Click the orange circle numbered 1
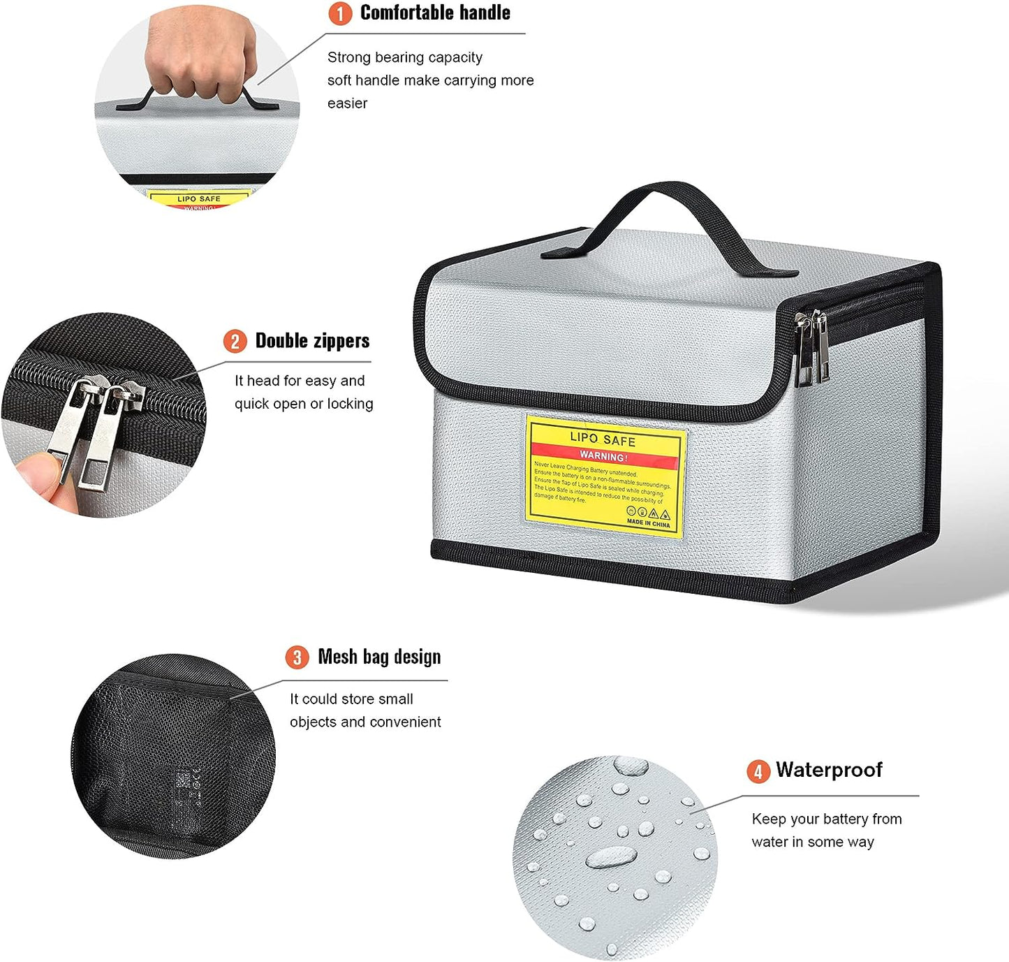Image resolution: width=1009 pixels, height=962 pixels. coord(340,13)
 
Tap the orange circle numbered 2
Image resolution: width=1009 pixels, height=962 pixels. coord(235,341)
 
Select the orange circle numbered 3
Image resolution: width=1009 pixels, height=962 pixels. coord(297,657)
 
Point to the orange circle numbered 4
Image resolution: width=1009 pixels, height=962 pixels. coord(758,771)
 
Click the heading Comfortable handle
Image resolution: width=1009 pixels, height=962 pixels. coord(435,13)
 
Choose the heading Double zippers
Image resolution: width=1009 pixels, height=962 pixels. coord(312,341)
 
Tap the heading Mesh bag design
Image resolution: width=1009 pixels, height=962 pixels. coord(379,657)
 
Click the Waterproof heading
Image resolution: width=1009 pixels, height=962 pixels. coord(829,770)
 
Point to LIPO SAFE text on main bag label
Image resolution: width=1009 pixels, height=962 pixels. coord(603,439)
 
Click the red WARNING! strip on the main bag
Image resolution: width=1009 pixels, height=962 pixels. coord(604,456)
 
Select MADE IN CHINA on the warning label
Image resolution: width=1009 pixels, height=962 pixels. coord(648,523)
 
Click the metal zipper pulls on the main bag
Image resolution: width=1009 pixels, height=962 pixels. coord(811,349)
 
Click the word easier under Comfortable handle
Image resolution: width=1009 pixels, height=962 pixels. coord(347,103)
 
